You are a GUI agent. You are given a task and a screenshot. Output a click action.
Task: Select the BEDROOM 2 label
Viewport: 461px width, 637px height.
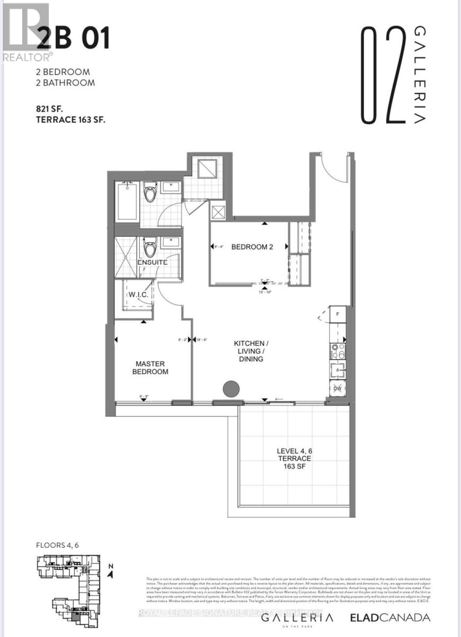pyautogui.click(x=252, y=246)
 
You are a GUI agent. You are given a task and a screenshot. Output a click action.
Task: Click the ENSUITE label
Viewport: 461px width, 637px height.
pyautogui.click(x=153, y=262)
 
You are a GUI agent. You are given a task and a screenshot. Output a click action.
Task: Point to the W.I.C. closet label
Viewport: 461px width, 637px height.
pyautogui.click(x=138, y=295)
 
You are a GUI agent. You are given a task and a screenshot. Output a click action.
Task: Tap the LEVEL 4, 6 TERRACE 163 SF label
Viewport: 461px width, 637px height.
pyautogui.click(x=294, y=458)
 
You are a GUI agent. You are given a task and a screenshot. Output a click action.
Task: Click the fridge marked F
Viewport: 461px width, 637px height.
pyautogui.click(x=337, y=314)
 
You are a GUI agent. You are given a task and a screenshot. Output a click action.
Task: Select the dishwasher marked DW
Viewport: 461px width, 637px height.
pyautogui.click(x=337, y=389)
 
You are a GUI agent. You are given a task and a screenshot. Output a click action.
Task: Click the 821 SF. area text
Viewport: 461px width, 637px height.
pyautogui.click(x=56, y=108)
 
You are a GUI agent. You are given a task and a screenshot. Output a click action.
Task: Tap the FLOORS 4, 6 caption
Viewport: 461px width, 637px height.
pyautogui.click(x=57, y=545)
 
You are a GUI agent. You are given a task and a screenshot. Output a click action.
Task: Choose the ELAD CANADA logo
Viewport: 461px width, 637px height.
pyautogui.click(x=390, y=617)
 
